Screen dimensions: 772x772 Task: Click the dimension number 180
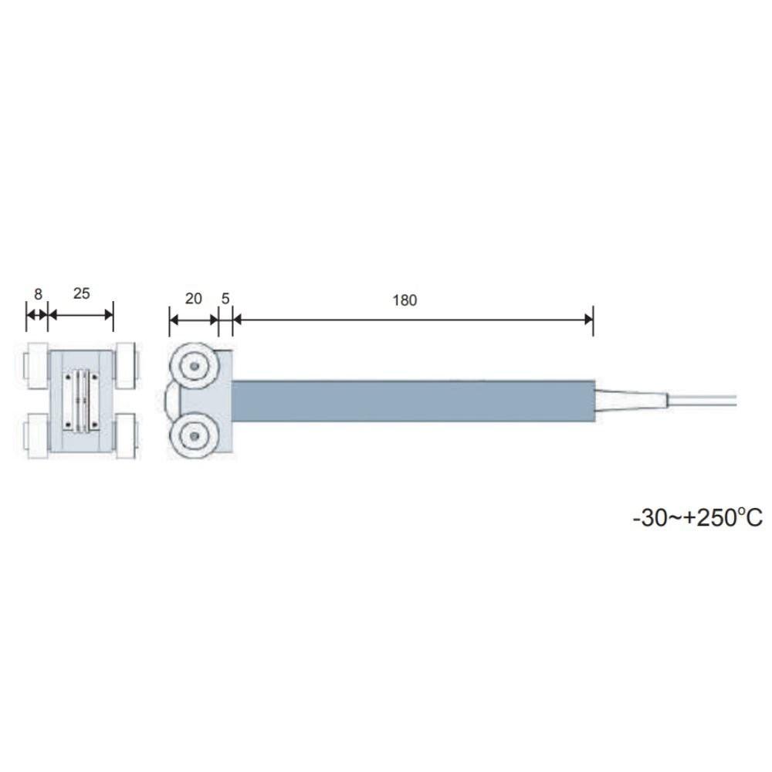[x=404, y=300]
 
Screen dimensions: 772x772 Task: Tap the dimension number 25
[x=81, y=293]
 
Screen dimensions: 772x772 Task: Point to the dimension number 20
[x=194, y=299]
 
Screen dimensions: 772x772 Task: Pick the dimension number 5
[x=225, y=299]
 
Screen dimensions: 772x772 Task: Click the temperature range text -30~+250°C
[x=697, y=517]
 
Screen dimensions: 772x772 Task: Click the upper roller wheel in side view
[x=194, y=364]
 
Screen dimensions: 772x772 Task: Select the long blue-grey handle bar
[x=413, y=401]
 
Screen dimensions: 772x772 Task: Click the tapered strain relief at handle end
[x=631, y=401]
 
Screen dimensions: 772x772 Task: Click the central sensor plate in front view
[x=83, y=401]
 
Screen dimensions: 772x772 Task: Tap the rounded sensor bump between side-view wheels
[x=171, y=401]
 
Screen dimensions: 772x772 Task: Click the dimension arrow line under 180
[x=413, y=316]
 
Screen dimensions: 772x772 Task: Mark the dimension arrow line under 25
[x=81, y=316]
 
